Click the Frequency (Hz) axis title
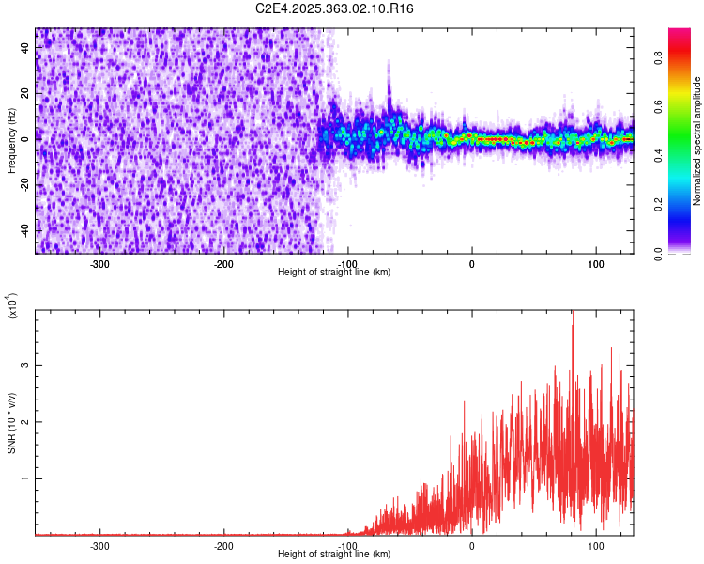[11, 140]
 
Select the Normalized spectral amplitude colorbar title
[696, 140]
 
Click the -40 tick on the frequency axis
[23, 230]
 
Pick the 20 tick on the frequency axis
[24, 93]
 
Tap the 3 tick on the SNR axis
[27, 364]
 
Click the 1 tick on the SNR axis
[27, 478]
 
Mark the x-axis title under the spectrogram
[334, 273]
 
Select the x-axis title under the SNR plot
[334, 555]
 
